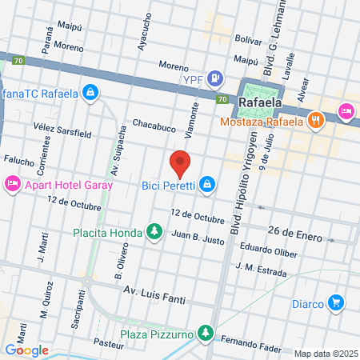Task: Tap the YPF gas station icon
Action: [214, 78]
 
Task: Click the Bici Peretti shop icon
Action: [207, 185]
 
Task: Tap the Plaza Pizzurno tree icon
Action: [206, 332]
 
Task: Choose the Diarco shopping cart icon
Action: [336, 303]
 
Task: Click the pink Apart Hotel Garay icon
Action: [12, 185]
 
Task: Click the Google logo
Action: [26, 350]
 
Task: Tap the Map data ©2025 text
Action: [326, 354]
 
